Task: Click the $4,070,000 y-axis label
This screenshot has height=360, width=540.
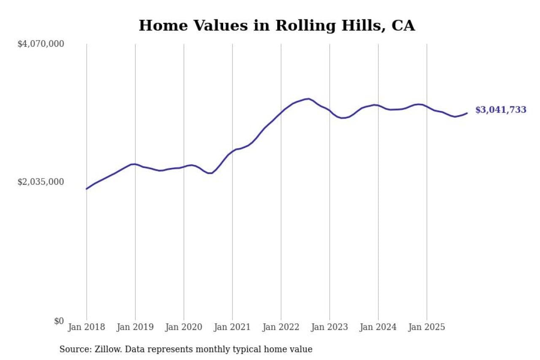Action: [40, 43]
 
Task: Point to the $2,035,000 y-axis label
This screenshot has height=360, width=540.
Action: [40, 181]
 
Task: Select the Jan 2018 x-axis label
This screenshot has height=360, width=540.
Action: [86, 327]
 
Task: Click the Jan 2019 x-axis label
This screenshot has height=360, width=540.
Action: [135, 327]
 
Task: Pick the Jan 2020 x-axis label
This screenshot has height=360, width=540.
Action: [184, 327]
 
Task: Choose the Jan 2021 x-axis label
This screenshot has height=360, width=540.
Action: [232, 327]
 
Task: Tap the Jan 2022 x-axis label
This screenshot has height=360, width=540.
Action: [281, 327]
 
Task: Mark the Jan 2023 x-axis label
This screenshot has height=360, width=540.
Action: [329, 327]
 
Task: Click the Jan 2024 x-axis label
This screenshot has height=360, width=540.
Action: [378, 327]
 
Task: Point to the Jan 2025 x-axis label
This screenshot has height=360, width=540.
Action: [427, 327]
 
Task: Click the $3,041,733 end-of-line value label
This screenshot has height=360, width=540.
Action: [501, 110]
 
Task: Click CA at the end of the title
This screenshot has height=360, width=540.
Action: [403, 26]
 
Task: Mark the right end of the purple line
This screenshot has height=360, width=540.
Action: [467, 113]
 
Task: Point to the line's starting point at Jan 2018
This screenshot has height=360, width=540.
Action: [86, 189]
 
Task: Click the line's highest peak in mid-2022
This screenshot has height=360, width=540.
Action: [309, 99]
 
